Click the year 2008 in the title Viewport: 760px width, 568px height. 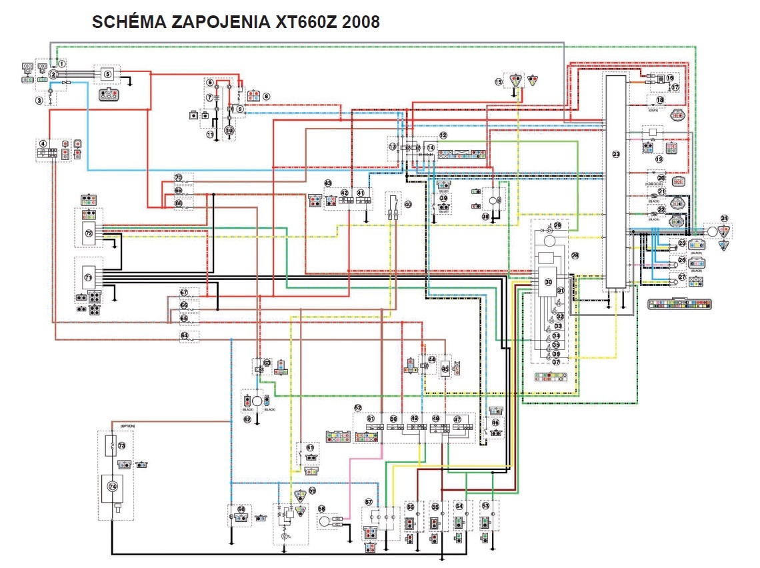pyautogui.click(x=361, y=22)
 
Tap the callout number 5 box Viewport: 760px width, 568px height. pyautogui.click(x=107, y=75)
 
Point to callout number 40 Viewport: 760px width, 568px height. pyautogui.click(x=408, y=205)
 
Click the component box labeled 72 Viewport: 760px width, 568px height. pyautogui.click(x=89, y=233)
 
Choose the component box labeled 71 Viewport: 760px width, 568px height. pyautogui.click(x=88, y=275)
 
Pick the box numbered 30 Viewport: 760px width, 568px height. pyautogui.click(x=548, y=282)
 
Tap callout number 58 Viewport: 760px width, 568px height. pyautogui.click(x=321, y=509)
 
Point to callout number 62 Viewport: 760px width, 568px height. pyautogui.click(x=247, y=419)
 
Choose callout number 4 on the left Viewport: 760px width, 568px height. pyautogui.click(x=43, y=143)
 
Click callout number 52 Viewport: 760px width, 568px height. pyautogui.click(x=358, y=407)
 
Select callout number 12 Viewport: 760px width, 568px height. pyautogui.click(x=443, y=135)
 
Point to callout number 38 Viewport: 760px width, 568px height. pyautogui.click(x=485, y=216)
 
